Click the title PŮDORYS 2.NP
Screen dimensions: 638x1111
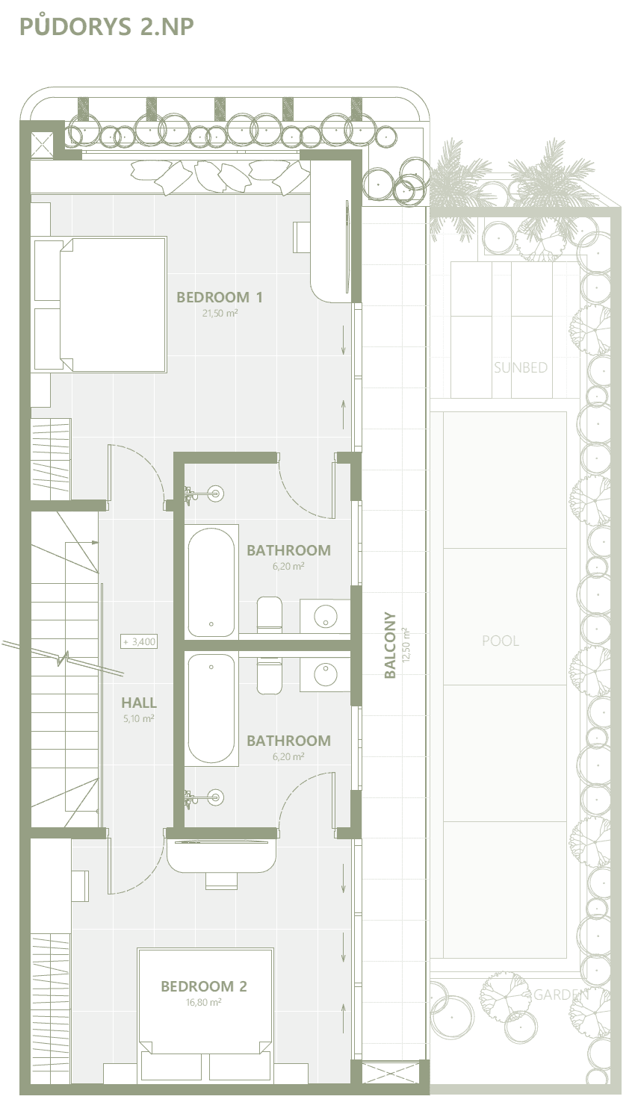(x=107, y=26)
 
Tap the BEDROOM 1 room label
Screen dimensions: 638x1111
(x=220, y=297)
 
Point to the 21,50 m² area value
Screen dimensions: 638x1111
(x=220, y=314)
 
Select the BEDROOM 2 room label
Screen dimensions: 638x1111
(x=204, y=986)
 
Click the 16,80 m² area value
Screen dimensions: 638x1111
(x=203, y=1002)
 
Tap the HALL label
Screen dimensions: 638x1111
(x=139, y=703)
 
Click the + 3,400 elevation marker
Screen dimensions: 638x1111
(x=140, y=641)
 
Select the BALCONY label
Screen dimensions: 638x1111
(x=391, y=645)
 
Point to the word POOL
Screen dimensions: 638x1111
(x=501, y=641)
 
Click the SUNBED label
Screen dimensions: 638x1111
(x=521, y=367)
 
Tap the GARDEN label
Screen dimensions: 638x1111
(x=560, y=994)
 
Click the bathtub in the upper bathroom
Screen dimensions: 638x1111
(x=211, y=582)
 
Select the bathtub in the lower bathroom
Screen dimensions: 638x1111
(x=211, y=709)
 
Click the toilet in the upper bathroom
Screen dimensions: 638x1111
(x=270, y=614)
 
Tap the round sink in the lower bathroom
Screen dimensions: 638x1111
(x=326, y=673)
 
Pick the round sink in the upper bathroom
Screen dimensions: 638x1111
(x=326, y=617)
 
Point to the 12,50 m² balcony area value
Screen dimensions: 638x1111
(x=407, y=645)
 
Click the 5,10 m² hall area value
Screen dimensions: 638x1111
(x=139, y=718)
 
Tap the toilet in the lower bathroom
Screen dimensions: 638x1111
(x=270, y=676)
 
